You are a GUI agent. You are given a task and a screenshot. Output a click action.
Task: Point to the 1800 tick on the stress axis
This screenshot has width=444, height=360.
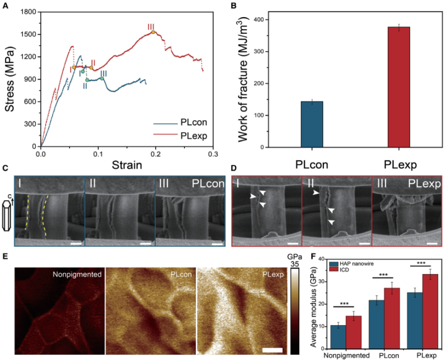pyautogui.click(x=27, y=12)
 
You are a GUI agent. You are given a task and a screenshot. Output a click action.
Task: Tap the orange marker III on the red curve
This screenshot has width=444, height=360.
pyautogui.click(x=153, y=32)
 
